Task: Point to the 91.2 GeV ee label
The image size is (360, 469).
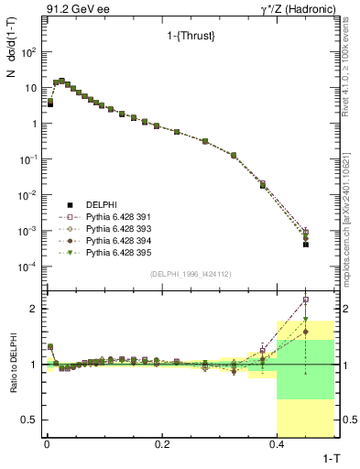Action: pos(40,8)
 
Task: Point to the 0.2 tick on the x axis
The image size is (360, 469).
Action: pos(162,443)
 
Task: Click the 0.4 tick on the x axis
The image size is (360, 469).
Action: pos(277,443)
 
